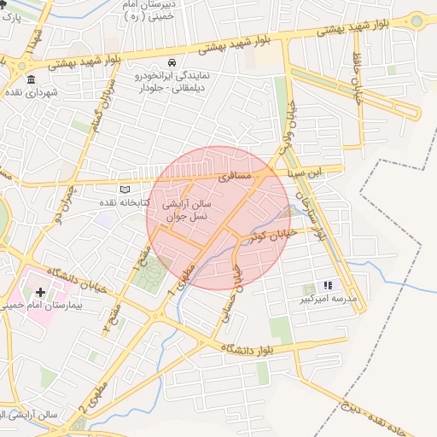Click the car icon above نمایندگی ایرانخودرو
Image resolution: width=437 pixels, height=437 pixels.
[172, 62]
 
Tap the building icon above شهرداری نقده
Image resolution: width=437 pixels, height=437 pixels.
[31, 79]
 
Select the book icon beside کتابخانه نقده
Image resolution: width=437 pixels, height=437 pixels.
[126, 189]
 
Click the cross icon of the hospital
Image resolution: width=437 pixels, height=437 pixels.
[40, 292]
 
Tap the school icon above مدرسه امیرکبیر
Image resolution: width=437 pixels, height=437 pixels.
[327, 286]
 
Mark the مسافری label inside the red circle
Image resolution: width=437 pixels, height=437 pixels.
[235, 178]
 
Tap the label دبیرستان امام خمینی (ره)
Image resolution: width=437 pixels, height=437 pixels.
[145, 11]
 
